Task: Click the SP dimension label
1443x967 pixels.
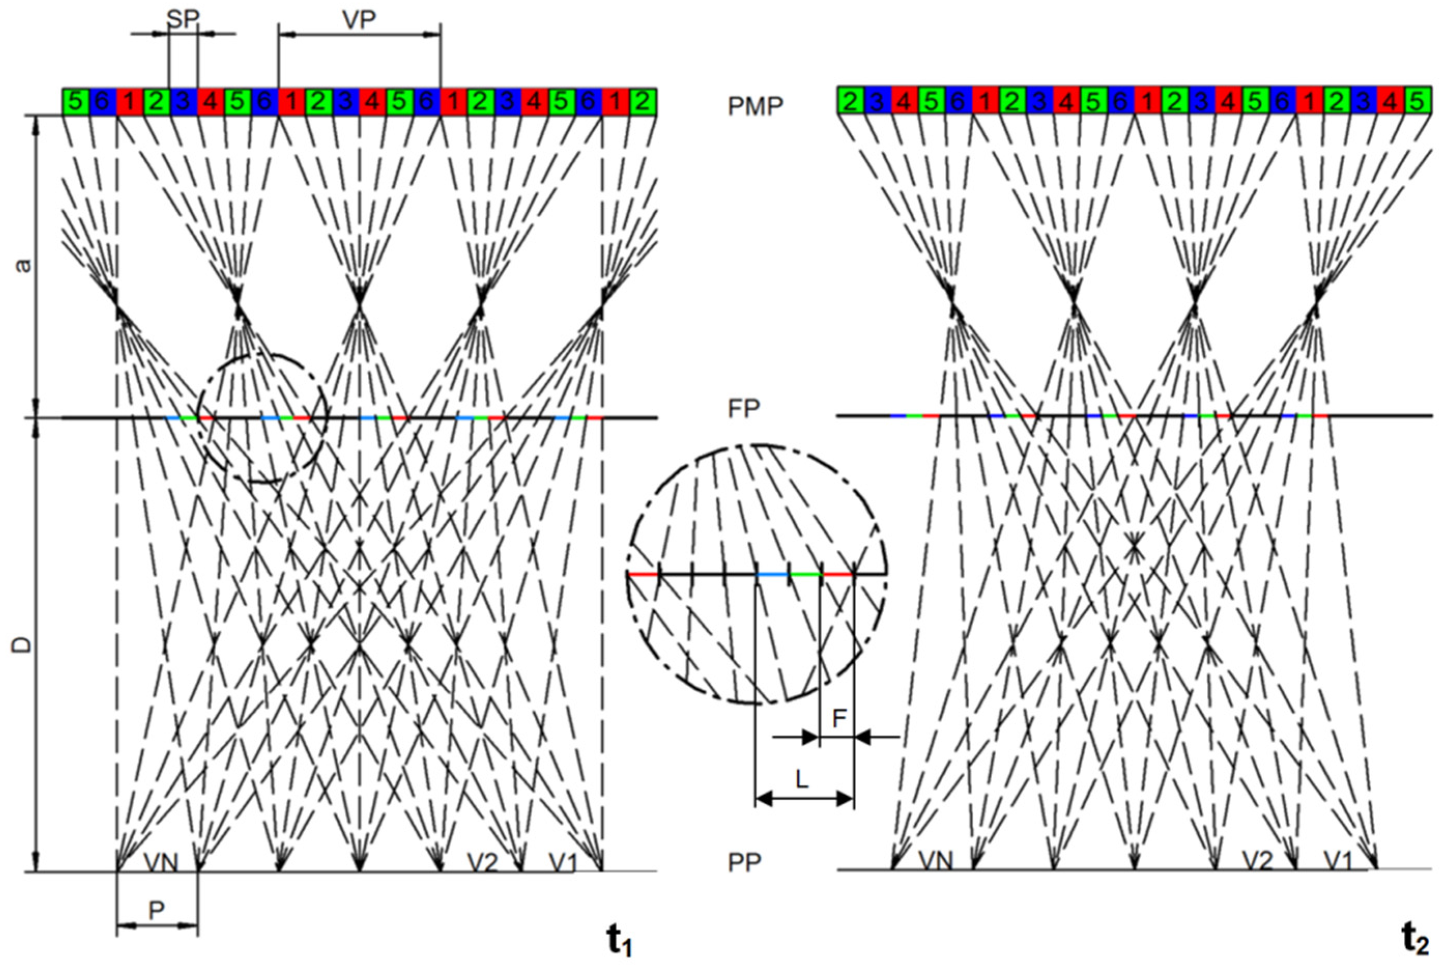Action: (x=183, y=19)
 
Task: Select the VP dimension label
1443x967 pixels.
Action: (x=359, y=20)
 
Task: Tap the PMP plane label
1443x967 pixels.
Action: (x=755, y=106)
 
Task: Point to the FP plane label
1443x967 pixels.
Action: (x=744, y=408)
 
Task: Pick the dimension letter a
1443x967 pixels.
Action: (x=23, y=266)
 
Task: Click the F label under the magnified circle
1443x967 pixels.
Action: (x=839, y=718)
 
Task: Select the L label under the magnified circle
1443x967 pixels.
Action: (x=802, y=781)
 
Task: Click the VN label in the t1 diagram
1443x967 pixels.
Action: (x=161, y=861)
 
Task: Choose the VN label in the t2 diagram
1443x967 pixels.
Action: (x=935, y=860)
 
